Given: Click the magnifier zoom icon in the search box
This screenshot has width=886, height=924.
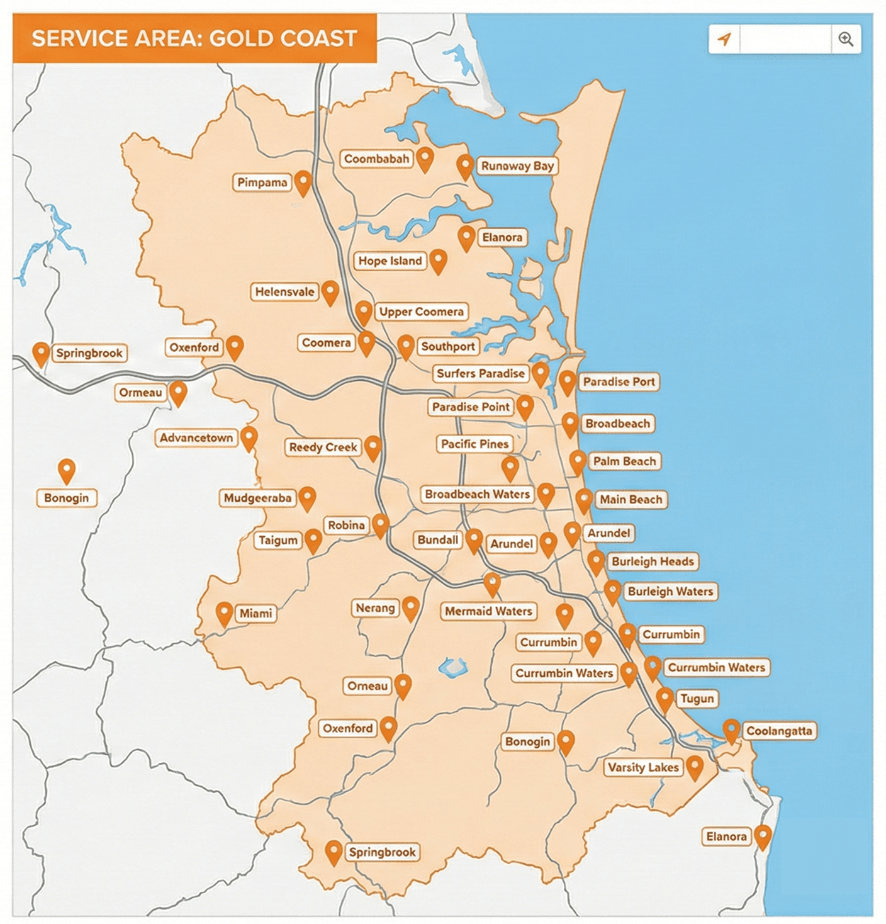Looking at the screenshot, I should pos(846,40).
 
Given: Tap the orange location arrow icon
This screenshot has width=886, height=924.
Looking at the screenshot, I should pos(725,40).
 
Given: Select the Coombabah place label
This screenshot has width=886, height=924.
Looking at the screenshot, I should pos(376,159).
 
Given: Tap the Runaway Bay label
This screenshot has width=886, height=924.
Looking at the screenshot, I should pos(517,166).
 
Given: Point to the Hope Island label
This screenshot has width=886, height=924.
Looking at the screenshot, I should pos(390,261).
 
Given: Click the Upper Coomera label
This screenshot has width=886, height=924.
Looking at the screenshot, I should pos(421,312).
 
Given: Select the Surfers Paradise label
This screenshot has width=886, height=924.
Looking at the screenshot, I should pos(480,373).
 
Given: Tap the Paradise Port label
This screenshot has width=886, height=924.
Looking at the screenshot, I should pos(618,381).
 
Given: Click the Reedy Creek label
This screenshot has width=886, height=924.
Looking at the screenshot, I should pos(323,448).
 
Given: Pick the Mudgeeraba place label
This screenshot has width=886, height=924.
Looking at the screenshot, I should pos(257,499).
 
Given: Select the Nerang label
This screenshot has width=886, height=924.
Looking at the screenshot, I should pos(375,608).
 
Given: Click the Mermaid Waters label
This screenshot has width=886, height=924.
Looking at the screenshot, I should pos(488,611).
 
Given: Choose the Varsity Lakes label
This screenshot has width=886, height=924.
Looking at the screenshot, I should pos(642,767).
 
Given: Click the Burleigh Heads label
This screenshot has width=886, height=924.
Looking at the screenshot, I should pos(652,561).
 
